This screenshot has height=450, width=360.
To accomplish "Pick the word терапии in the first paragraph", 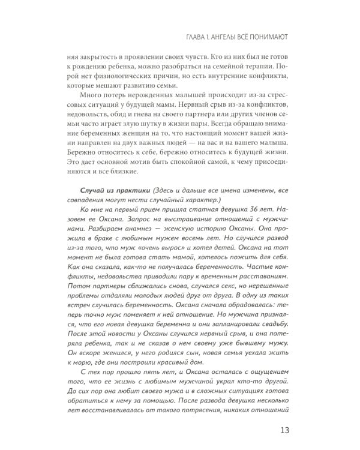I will point(269,67).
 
